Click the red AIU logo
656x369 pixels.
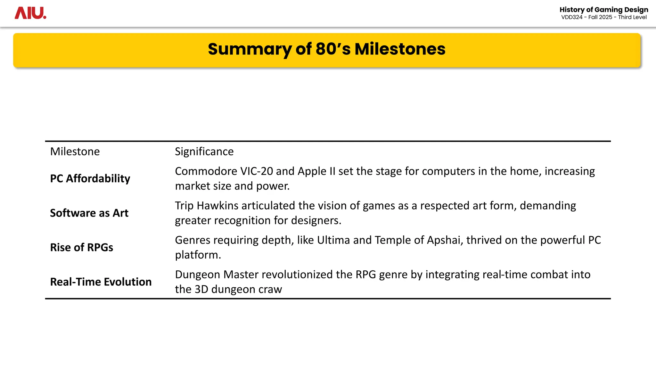click(x=30, y=13)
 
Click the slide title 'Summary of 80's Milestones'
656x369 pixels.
click(x=326, y=49)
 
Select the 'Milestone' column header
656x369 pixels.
click(x=75, y=152)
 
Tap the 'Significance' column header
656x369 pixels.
click(x=204, y=152)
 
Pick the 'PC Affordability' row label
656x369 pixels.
click(x=90, y=178)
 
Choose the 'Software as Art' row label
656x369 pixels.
click(x=89, y=213)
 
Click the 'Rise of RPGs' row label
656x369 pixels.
click(x=82, y=247)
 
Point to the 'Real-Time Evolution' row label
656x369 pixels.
click(x=101, y=282)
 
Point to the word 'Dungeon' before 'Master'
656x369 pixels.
click(x=197, y=275)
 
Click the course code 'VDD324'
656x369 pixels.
click(x=572, y=17)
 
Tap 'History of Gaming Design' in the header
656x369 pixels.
click(x=603, y=10)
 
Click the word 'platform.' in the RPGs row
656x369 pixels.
click(x=198, y=255)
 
